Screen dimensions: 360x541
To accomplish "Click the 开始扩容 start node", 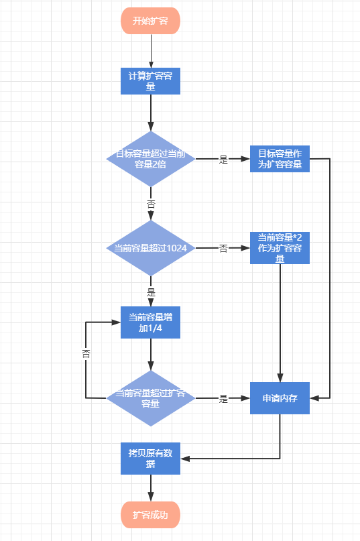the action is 150,21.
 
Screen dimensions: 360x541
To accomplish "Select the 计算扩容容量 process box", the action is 150,81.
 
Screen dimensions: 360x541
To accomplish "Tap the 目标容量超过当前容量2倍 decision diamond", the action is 151,159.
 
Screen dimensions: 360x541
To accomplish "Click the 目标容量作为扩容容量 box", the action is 280,159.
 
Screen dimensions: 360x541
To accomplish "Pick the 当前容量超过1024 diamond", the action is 151,248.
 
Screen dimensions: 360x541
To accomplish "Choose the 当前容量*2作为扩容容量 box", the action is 280,248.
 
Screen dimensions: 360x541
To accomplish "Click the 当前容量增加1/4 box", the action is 150,322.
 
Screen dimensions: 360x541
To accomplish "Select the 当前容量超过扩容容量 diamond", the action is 151,398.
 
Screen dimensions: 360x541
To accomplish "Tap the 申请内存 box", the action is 280,398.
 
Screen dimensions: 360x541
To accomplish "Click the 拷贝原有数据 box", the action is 150,459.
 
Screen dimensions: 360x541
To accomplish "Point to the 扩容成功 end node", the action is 150,515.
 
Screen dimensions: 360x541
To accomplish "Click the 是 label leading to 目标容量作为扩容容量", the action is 224,160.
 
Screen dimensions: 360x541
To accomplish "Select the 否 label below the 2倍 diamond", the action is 152,204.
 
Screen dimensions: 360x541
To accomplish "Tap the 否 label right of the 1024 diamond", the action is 224,249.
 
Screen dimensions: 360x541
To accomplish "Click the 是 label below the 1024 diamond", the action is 152,292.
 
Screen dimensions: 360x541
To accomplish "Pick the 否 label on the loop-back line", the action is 86,354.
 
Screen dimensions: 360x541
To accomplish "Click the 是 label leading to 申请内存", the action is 224,399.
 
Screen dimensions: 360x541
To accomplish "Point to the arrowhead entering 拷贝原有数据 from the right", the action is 185,459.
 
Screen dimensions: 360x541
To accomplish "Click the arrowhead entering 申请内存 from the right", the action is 314,398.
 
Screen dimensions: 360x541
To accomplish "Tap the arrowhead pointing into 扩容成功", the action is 151,497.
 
